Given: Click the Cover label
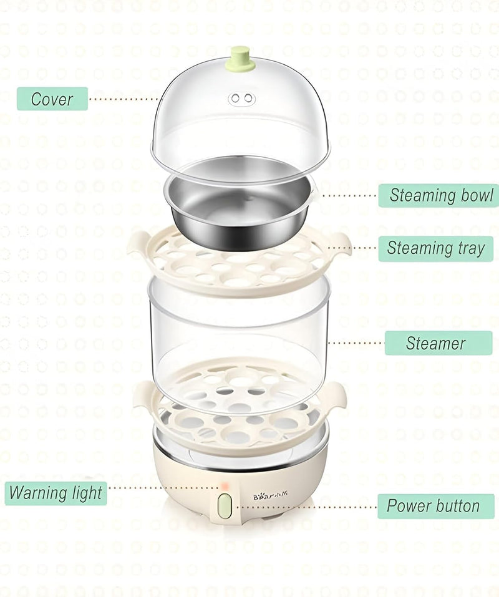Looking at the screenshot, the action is (x=52, y=99).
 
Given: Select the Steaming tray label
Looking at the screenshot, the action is (x=436, y=248).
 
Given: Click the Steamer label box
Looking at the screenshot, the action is (x=438, y=343).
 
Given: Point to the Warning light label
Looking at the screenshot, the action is (x=56, y=493).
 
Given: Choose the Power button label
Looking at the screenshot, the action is (x=436, y=506).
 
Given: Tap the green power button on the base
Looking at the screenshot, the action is (x=225, y=506).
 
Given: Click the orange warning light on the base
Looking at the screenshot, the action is (x=225, y=486).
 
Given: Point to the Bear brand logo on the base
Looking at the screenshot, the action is (x=271, y=495).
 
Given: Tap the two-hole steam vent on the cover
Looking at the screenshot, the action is (x=241, y=98).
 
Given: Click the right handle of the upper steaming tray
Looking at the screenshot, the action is (x=339, y=244).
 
